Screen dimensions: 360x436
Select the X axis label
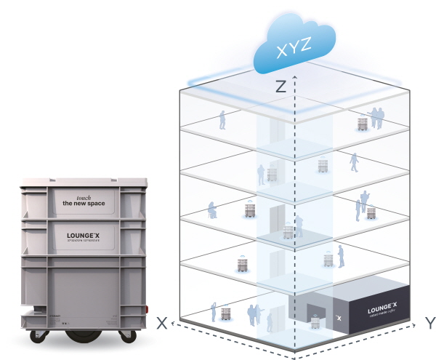pyautogui.click(x=162, y=322)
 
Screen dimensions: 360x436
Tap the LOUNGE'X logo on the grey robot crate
pyautogui.click(x=84, y=236)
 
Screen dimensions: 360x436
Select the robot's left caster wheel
pyautogui.click(x=41, y=335)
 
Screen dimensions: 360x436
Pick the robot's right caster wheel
pyautogui.click(x=129, y=335)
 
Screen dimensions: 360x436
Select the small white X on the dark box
pyautogui.click(x=338, y=318)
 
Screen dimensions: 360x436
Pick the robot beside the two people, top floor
pyautogui.click(x=362, y=123)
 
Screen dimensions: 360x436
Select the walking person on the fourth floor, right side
pyautogui.click(x=355, y=161)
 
